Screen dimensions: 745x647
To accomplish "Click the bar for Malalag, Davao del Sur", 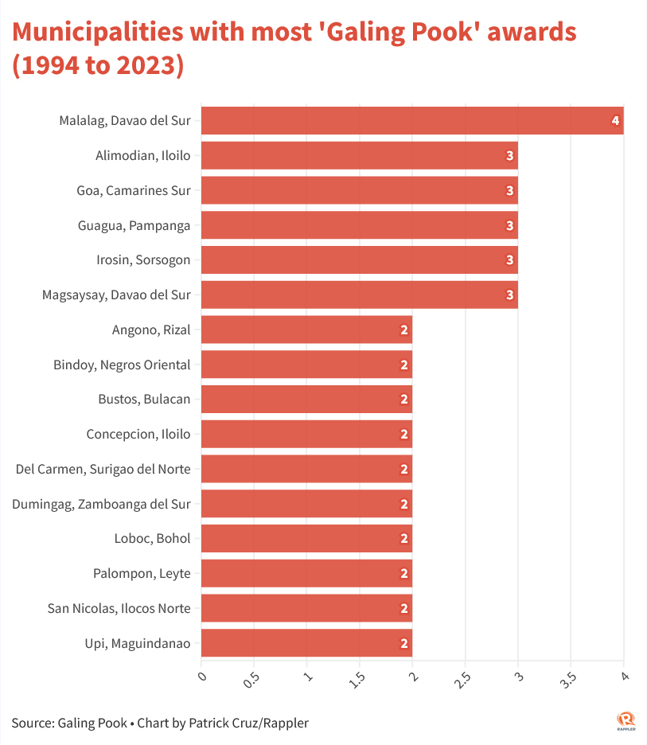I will (x=411, y=120).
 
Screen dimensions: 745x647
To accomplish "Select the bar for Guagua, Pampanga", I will (x=359, y=225).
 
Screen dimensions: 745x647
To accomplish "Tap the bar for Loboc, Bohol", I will (x=306, y=538).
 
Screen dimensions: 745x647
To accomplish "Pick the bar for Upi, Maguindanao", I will (x=306, y=643).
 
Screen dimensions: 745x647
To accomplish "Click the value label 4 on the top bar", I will (x=615, y=121).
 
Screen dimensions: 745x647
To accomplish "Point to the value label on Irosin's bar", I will (x=510, y=260).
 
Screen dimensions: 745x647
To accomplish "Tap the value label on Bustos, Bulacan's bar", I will (x=404, y=400).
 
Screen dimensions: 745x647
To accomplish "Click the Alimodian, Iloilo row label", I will (x=143, y=155).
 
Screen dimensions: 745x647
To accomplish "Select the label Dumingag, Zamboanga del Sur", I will (x=101, y=504).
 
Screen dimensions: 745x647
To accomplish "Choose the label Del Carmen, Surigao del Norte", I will (x=103, y=469).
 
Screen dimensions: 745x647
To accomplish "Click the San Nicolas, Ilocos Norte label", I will (x=119, y=608).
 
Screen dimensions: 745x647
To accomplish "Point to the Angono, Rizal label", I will (x=152, y=330).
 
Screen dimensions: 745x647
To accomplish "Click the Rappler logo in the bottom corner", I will (x=626, y=720).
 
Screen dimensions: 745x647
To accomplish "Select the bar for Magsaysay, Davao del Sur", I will (x=359, y=294).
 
